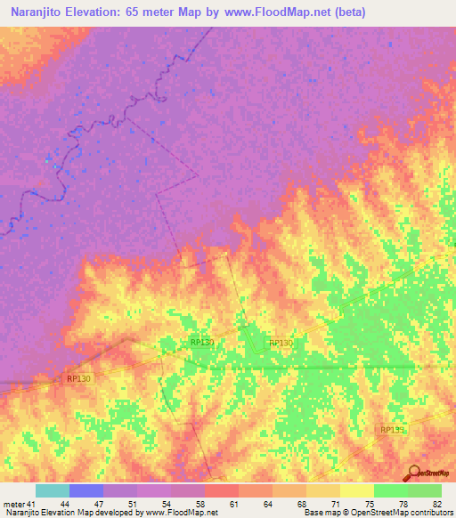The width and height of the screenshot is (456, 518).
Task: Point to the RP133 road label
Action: click(x=392, y=430)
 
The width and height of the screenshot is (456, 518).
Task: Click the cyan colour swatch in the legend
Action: click(x=53, y=490)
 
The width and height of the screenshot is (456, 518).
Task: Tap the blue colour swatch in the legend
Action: click(x=86, y=490)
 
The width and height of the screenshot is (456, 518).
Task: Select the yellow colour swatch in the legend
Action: click(x=357, y=490)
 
